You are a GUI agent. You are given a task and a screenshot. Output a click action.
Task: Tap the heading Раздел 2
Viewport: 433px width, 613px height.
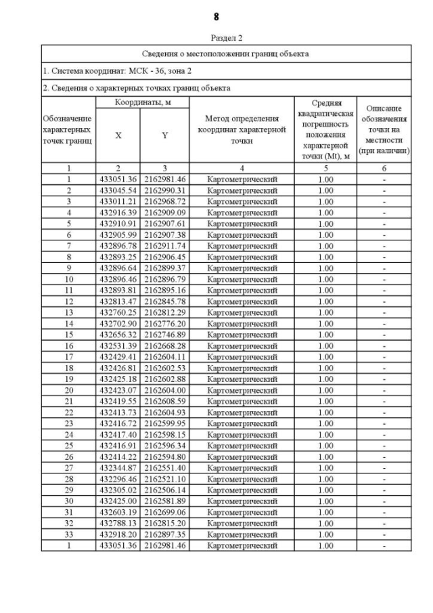[x=216, y=38]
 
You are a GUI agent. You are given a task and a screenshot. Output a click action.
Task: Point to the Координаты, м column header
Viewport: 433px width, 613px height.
[x=142, y=102]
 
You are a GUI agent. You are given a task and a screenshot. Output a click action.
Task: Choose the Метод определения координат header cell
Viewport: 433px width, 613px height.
[x=242, y=129]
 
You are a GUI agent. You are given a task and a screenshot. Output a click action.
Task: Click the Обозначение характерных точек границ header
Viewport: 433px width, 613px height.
[x=68, y=129]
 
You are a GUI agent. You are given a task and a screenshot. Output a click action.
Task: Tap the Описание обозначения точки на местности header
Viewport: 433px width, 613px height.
[x=384, y=129]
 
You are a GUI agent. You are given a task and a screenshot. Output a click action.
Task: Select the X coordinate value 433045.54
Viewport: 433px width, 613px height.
[x=118, y=190]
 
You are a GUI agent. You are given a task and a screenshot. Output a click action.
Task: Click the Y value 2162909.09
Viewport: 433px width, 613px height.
[x=164, y=213]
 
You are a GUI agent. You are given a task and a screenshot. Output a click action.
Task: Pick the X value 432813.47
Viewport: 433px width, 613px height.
[x=118, y=301]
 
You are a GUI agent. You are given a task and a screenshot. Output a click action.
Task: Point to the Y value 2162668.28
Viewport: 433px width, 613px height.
[x=164, y=345]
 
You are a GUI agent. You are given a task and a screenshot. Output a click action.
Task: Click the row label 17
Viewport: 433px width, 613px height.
[x=68, y=357]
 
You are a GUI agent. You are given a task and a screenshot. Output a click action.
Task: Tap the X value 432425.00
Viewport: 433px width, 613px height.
[x=118, y=501]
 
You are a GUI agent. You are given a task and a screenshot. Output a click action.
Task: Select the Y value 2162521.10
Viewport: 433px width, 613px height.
[x=164, y=479]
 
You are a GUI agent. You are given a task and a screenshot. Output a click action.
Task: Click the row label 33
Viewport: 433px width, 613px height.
[x=68, y=534]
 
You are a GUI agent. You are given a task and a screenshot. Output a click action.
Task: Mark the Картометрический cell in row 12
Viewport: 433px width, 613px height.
[x=242, y=301]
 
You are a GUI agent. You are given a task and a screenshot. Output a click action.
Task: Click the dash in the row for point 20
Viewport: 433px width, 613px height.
[x=384, y=390]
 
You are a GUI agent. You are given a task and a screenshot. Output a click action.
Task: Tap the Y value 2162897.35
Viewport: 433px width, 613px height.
[x=164, y=534]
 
